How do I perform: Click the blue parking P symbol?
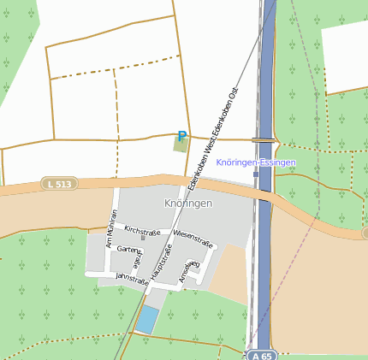coord(181,136)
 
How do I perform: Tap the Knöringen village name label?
coord(188,204)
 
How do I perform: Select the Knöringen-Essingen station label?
coord(256,162)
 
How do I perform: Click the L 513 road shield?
coord(58,184)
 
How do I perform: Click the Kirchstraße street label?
coord(142,230)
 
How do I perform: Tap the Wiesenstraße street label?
coord(192,233)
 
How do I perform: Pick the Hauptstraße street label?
coord(162,262)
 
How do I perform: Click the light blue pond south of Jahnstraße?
coord(147,320)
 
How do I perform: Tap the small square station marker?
coord(256,174)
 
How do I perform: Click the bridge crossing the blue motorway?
coord(264,139)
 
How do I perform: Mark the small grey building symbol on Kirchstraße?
coord(143,238)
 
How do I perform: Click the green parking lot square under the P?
coord(181,145)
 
